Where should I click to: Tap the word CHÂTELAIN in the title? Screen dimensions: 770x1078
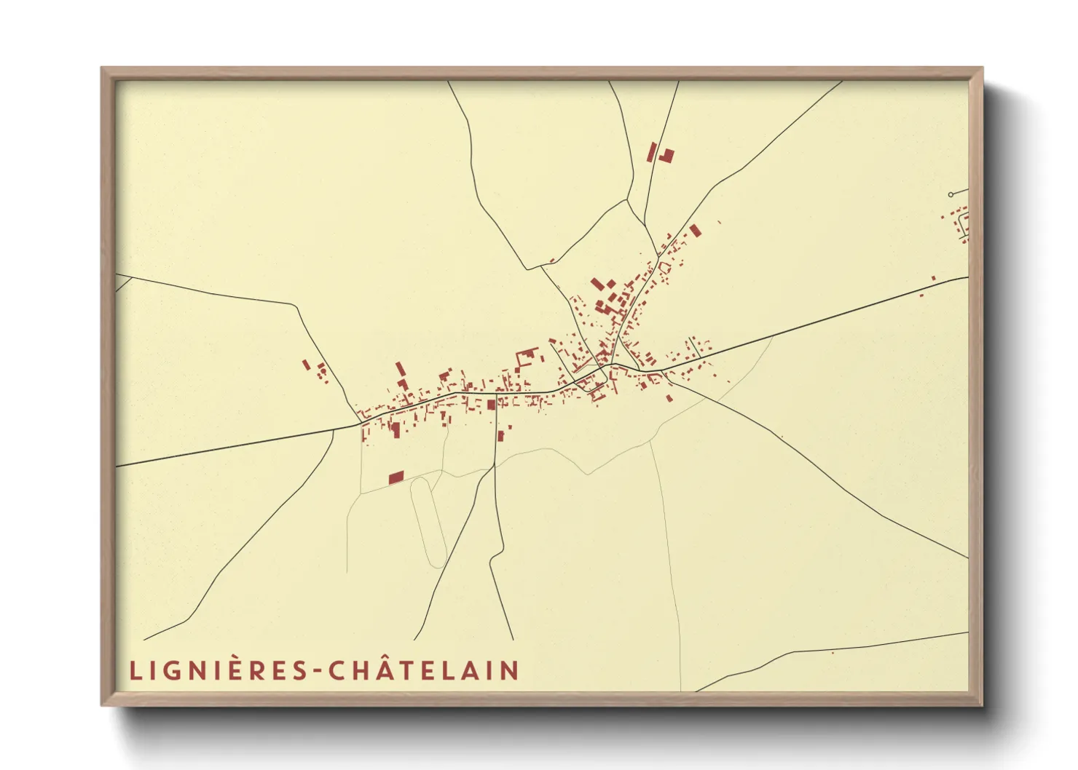tap(424, 670)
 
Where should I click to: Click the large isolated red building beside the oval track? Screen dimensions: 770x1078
tap(396, 477)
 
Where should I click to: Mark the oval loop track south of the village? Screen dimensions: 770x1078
tap(428, 522)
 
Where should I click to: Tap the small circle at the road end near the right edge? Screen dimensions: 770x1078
tap(951, 194)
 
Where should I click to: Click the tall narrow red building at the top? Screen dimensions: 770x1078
tap(653, 152)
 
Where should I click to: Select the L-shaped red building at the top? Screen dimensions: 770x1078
tap(666, 155)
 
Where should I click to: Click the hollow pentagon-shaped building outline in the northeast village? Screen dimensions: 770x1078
tap(664, 268)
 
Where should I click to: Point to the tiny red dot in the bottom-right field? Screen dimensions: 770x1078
tap(833, 653)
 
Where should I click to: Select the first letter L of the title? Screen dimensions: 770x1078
tap(135, 670)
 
